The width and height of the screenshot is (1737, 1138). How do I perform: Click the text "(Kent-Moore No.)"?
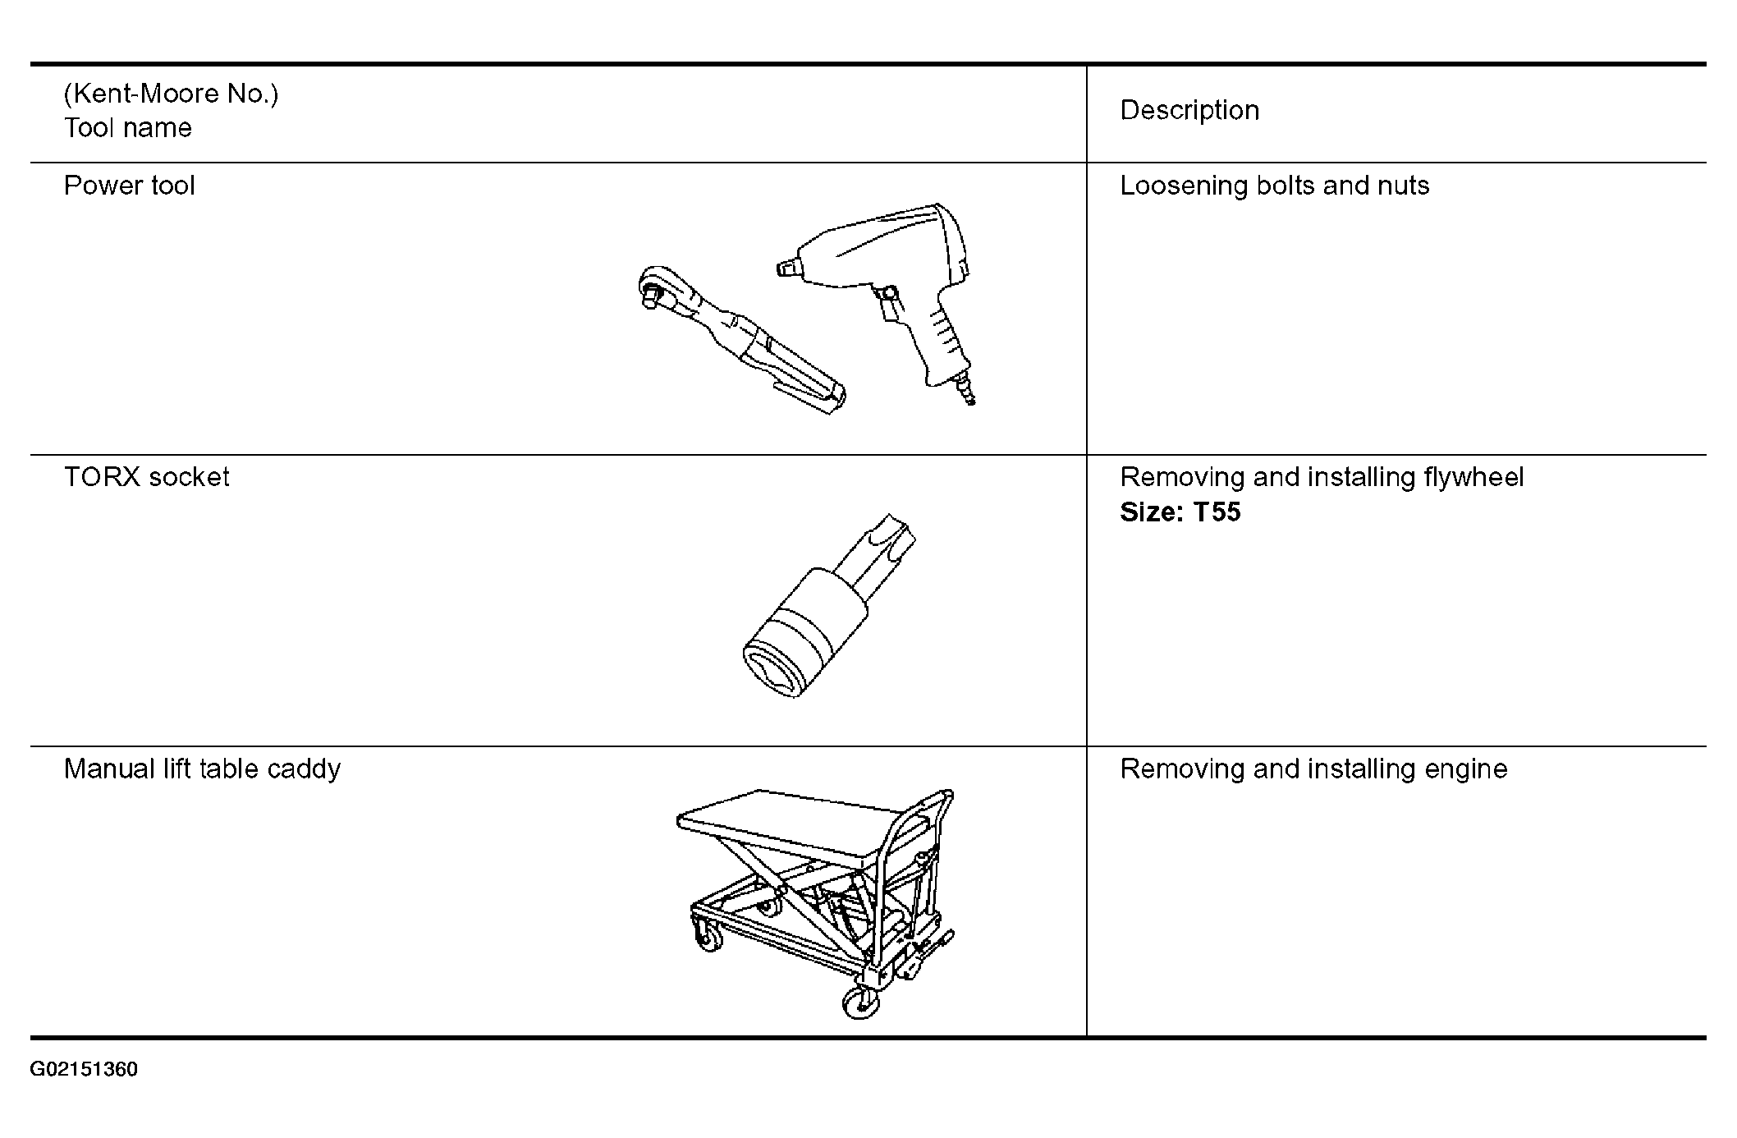(x=171, y=94)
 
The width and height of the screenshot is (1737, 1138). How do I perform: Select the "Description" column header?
(x=1189, y=111)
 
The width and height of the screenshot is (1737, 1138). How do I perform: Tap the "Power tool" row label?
(x=129, y=186)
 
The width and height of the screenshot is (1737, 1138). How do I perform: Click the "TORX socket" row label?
(x=146, y=477)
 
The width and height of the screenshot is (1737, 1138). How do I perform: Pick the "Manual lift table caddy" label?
(x=202, y=769)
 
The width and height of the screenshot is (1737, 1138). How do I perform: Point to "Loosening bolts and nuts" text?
(x=1274, y=186)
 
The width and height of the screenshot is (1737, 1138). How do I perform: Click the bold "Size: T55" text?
(x=1180, y=512)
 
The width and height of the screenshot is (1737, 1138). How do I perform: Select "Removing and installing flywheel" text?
(x=1322, y=478)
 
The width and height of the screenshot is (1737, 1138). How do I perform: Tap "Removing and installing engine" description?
(x=1313, y=769)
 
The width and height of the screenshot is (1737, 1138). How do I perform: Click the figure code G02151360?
(x=84, y=1070)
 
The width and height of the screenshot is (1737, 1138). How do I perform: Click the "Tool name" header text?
(x=127, y=128)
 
